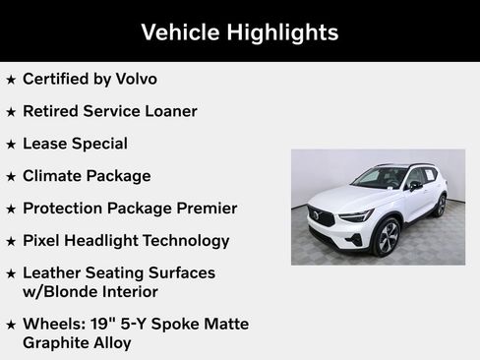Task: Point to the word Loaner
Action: coord(167,111)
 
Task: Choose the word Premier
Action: coord(203,209)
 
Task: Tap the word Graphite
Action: coord(58,343)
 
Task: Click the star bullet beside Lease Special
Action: coord(11,145)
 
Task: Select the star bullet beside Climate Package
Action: coord(11,177)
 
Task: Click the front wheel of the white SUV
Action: coord(387,237)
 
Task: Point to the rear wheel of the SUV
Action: coord(440,205)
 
